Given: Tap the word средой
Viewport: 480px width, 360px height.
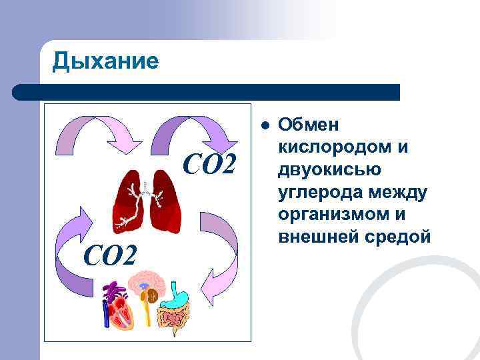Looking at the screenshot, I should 397,237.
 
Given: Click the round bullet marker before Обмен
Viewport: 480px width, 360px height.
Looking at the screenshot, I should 265,125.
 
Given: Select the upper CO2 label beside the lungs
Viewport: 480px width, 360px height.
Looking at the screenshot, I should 209,164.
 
